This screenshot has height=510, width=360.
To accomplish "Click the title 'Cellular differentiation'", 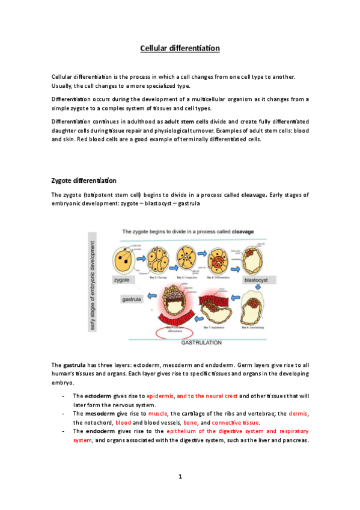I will coord(180,48).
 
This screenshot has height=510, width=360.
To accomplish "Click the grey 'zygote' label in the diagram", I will coord(123,280).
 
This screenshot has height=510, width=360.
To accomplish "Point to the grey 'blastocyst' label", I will coord(255,280).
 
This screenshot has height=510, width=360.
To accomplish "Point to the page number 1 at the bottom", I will coord(180,477).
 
